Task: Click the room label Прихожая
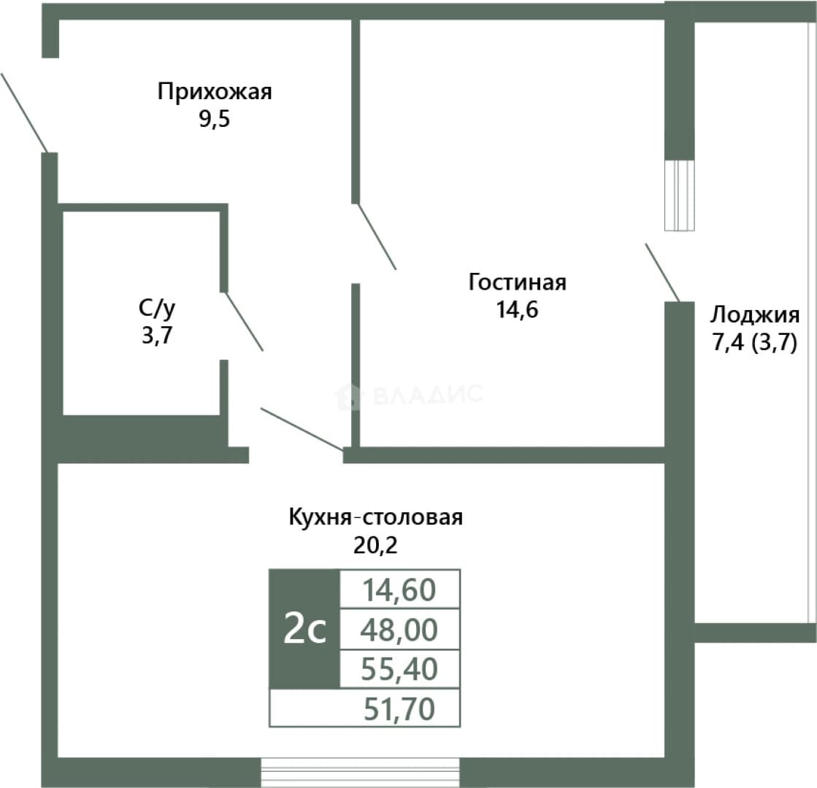coord(215,92)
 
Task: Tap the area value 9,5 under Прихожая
coord(214,119)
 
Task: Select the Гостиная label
coord(518,282)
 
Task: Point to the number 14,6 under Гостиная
coord(517,310)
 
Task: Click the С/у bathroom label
coord(158,309)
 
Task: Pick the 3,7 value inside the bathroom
coord(157,336)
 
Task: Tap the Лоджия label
coord(755,315)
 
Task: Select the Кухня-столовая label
coord(376,518)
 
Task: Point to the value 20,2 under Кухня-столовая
coord(375,545)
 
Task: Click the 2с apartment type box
coord(304,629)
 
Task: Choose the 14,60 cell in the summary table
coord(399,589)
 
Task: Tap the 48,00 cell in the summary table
coord(399,629)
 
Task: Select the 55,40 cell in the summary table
coord(399,669)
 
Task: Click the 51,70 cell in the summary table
coord(365,708)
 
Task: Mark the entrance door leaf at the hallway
coord(25,112)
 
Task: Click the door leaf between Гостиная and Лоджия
coord(663,272)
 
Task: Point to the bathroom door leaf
coord(244,321)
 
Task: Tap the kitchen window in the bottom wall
coord(360,773)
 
